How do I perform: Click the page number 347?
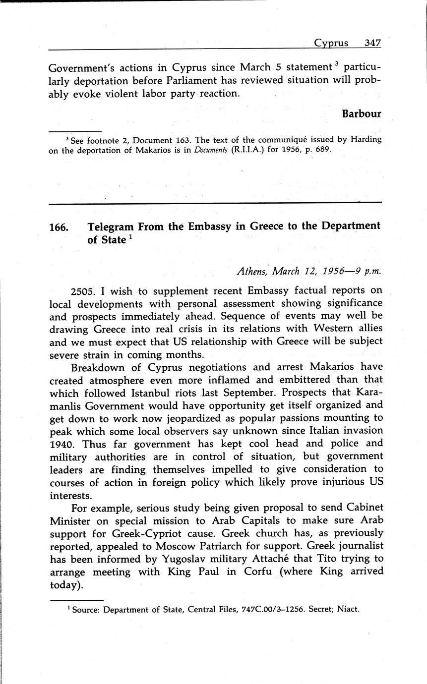[x=372, y=43]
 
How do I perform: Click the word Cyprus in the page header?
[x=331, y=43]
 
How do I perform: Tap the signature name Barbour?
[x=362, y=114]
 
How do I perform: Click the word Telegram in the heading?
[x=111, y=227]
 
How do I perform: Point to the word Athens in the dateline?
[x=252, y=272]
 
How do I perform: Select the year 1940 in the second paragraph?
[x=61, y=444]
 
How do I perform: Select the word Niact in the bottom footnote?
[x=348, y=610]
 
